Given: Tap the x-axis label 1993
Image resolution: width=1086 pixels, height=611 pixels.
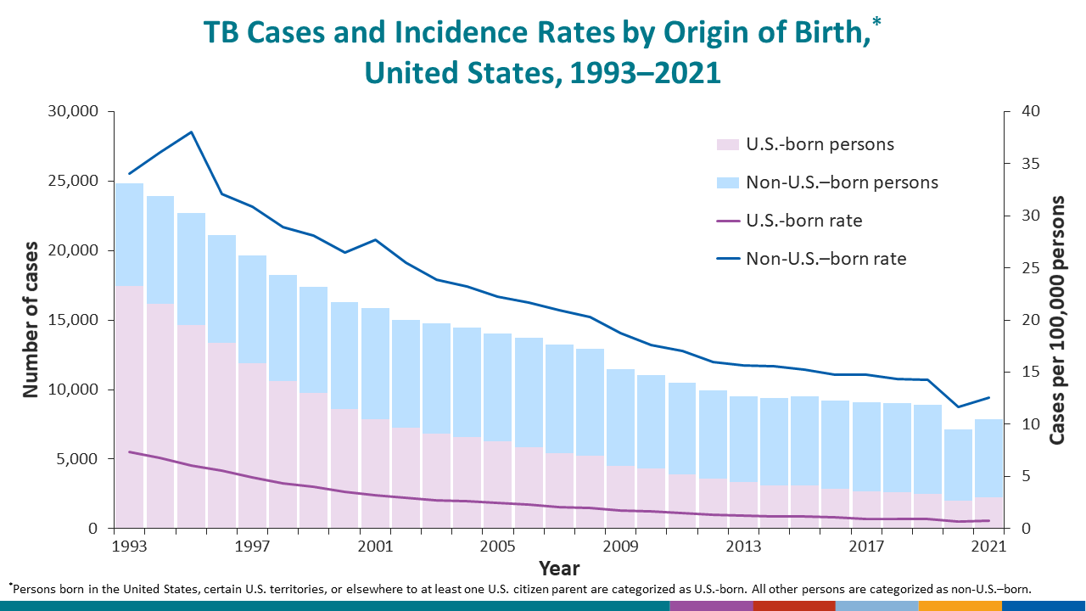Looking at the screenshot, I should point(129,545).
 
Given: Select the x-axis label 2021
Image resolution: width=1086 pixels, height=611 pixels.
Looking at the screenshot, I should point(989,545).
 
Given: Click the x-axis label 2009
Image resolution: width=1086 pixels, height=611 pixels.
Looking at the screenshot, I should point(621,545).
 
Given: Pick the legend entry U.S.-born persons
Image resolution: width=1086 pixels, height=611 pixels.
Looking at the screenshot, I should point(820,144).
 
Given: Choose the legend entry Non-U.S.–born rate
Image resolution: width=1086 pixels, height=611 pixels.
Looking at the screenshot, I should point(826,259).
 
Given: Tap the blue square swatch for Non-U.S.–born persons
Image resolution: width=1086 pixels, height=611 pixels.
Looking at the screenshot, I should point(728,182).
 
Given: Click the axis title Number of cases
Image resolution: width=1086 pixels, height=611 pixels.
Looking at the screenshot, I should point(31,319).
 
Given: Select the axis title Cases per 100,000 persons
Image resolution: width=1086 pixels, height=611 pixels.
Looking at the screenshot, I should point(1057,319).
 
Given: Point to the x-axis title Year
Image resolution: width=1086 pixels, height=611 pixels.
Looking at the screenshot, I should point(559,568).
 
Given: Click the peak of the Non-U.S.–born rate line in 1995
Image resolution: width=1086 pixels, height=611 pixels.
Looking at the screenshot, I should point(191,132).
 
